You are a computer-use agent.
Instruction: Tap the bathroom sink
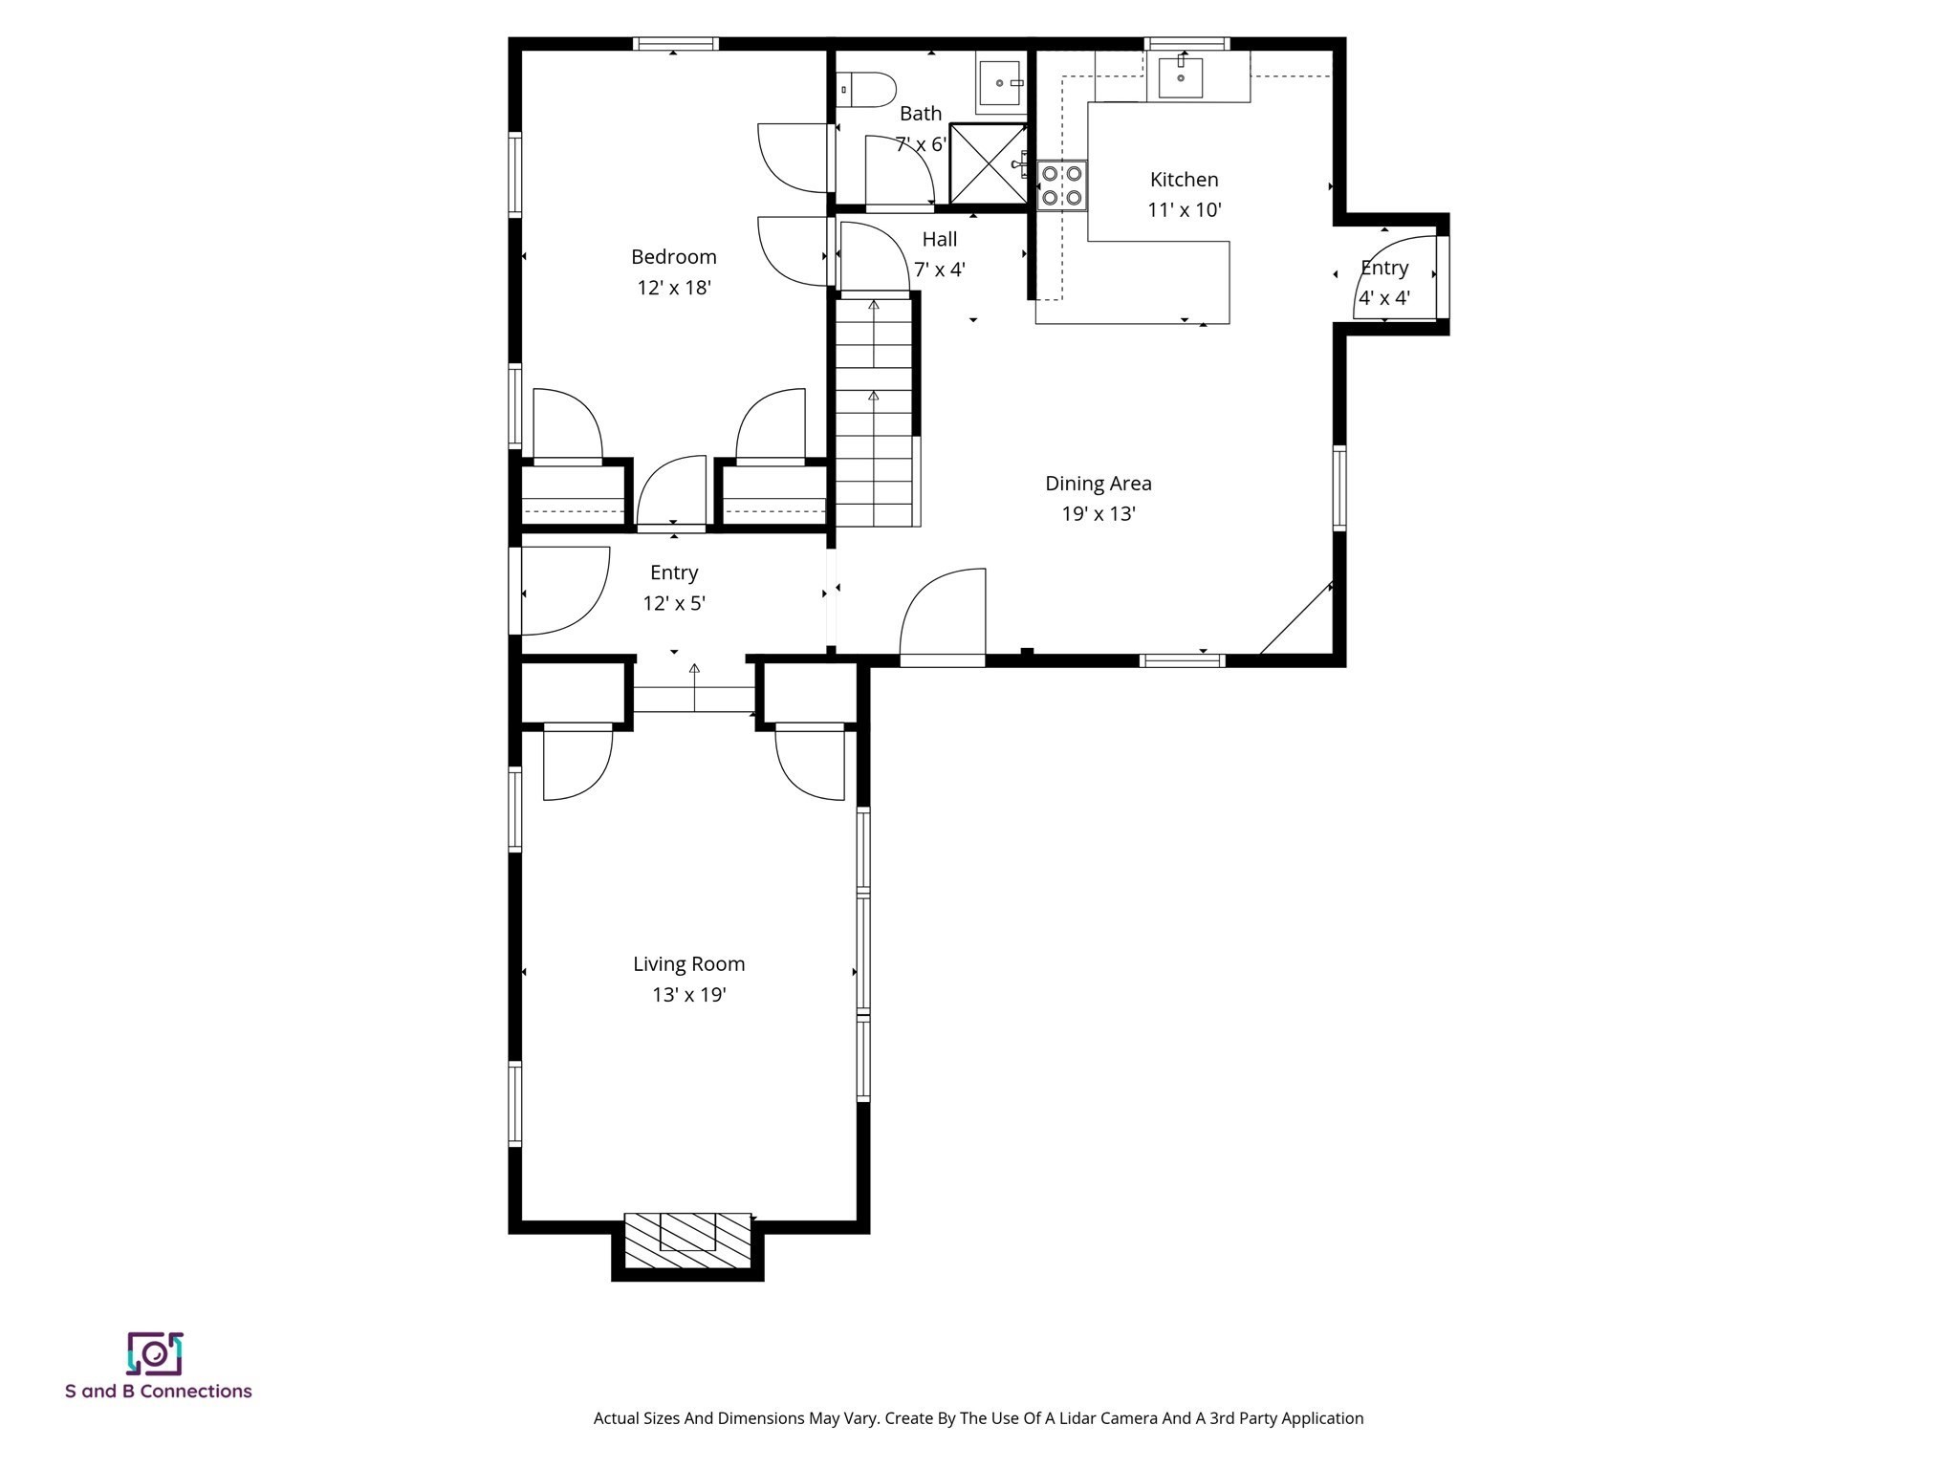click(x=1000, y=83)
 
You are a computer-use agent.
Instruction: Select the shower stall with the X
click(x=988, y=163)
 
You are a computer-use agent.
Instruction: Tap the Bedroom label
click(x=673, y=257)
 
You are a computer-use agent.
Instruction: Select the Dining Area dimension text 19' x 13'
click(x=1098, y=514)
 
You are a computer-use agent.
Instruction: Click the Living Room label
click(x=688, y=964)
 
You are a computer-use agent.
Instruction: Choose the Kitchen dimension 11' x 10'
click(x=1184, y=210)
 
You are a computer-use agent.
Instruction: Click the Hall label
click(x=939, y=240)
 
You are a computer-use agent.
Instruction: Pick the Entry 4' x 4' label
click(x=1383, y=269)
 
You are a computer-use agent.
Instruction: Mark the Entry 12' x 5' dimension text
click(x=673, y=604)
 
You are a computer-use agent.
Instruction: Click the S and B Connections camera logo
click(x=155, y=1353)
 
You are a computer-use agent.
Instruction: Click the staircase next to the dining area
click(x=874, y=411)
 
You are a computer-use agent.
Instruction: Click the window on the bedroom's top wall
click(x=675, y=44)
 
